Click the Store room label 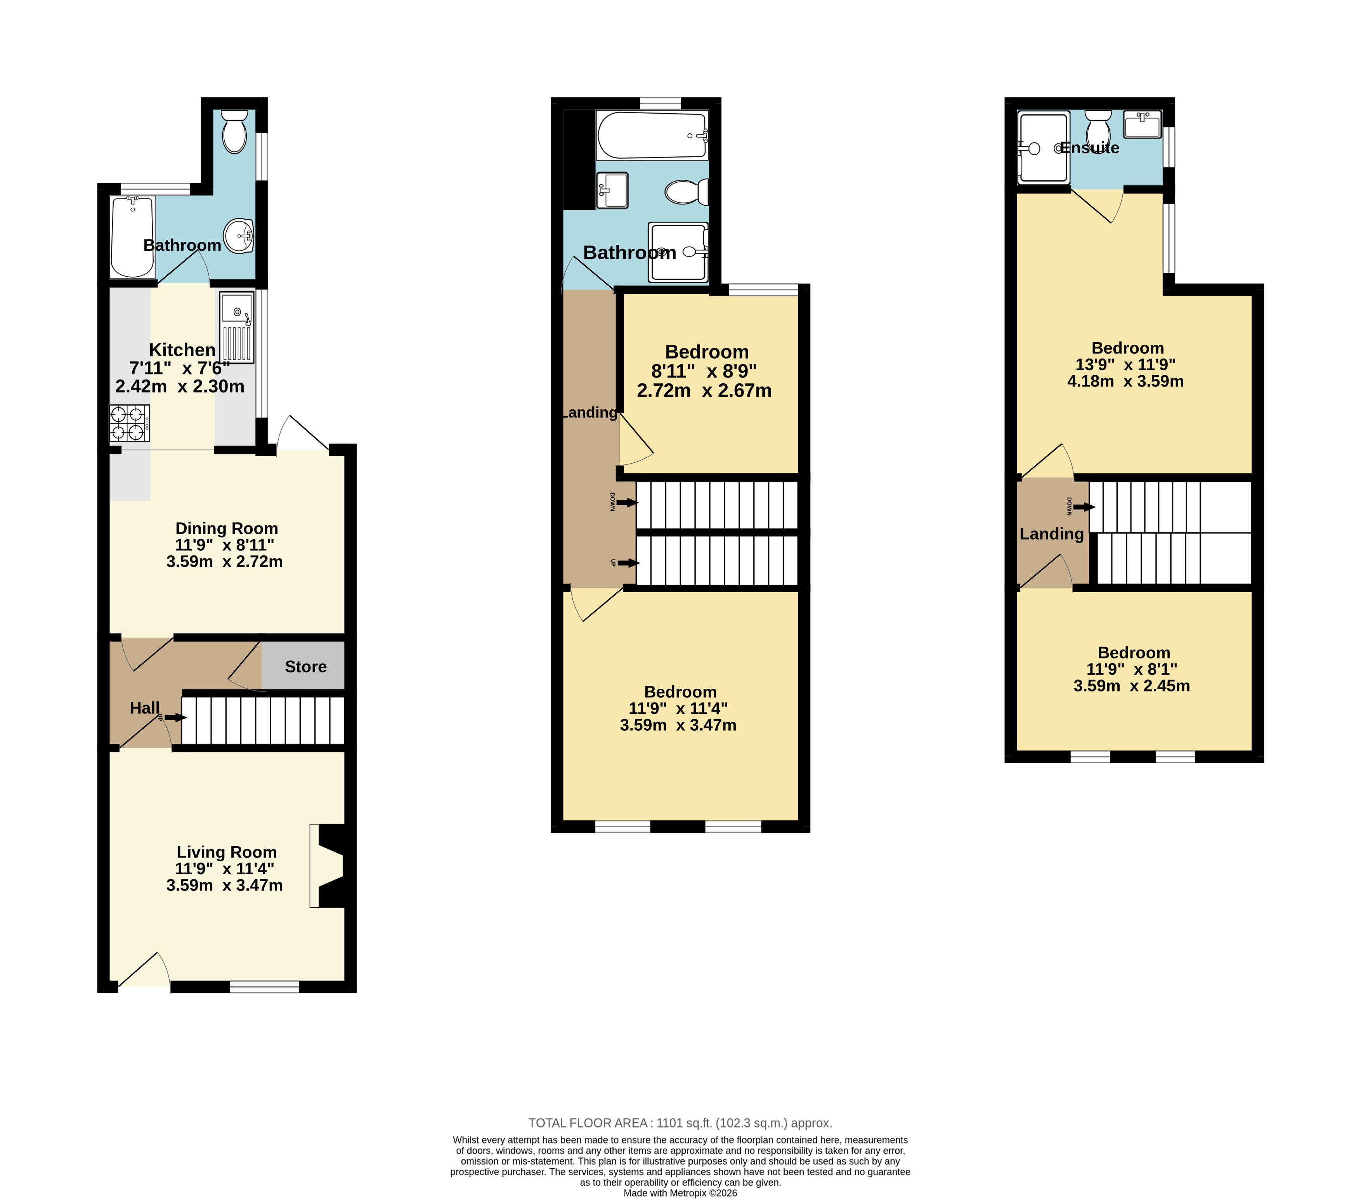[x=306, y=666]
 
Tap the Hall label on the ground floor [x=144, y=708]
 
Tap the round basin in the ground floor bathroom [x=238, y=236]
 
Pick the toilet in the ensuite [x=1098, y=128]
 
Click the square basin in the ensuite [x=1142, y=124]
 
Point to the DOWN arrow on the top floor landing [x=1084, y=507]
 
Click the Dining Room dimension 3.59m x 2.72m [x=224, y=561]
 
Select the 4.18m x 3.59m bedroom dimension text [x=1125, y=381]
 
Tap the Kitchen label [x=182, y=350]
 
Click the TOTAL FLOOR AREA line [x=680, y=1123]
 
